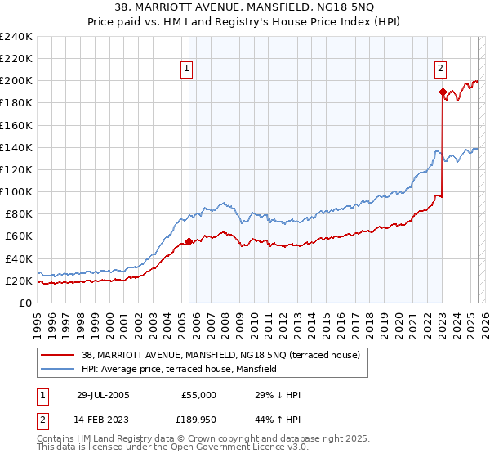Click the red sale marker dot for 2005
tap(189, 241)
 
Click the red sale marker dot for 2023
tap(442, 92)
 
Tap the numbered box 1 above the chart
tap(189, 69)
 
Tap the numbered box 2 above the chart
tap(441, 69)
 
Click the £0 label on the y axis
tap(25, 303)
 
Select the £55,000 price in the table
tap(198, 395)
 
